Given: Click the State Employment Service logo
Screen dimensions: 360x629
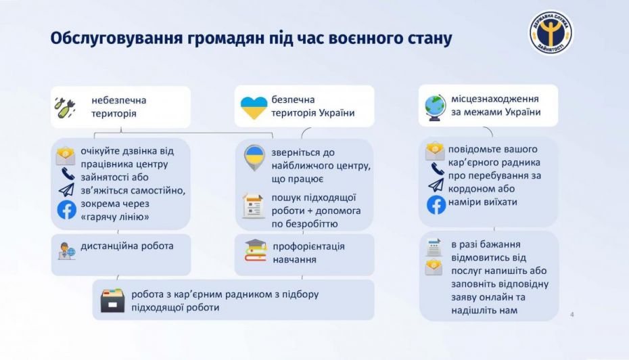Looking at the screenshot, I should click(x=551, y=32).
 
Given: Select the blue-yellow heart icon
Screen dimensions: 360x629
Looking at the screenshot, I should click(x=254, y=107).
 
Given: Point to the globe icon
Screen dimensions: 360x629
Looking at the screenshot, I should click(x=434, y=108).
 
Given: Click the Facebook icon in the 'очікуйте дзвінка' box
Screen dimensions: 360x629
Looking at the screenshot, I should click(x=66, y=210).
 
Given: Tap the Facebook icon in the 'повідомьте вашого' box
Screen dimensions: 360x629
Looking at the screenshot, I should click(x=436, y=204).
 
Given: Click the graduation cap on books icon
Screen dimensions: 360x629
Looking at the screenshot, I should click(x=255, y=250).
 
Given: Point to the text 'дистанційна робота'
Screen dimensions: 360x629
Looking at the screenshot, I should click(x=127, y=246).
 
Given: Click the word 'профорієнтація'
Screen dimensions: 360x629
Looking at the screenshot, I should click(x=308, y=246).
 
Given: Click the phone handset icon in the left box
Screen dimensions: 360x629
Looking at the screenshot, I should click(x=66, y=175).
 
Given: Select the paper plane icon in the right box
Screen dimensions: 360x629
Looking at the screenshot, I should click(x=436, y=185).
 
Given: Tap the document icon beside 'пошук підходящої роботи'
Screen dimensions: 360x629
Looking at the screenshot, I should click(x=253, y=206).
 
